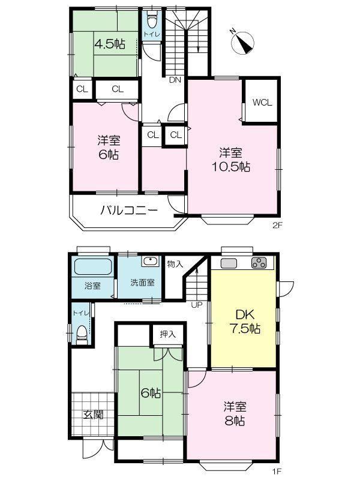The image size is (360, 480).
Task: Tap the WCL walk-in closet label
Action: [x=262, y=102]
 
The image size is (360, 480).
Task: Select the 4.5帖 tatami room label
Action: [x=110, y=44]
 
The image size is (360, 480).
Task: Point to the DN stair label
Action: [x=175, y=80]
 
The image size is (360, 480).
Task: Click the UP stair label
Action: [x=197, y=305]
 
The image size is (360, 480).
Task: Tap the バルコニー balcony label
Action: [x=129, y=211]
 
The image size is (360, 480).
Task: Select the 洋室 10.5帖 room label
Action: [x=231, y=160]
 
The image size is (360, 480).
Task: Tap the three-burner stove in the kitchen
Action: [x=259, y=263]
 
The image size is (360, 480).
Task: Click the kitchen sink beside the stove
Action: [x=229, y=263]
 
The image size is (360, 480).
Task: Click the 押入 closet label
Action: [x=168, y=334]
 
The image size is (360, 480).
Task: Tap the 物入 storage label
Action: [x=175, y=263]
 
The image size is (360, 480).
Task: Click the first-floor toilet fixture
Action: [x=82, y=335]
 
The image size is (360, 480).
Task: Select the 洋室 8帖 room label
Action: [x=235, y=414]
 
